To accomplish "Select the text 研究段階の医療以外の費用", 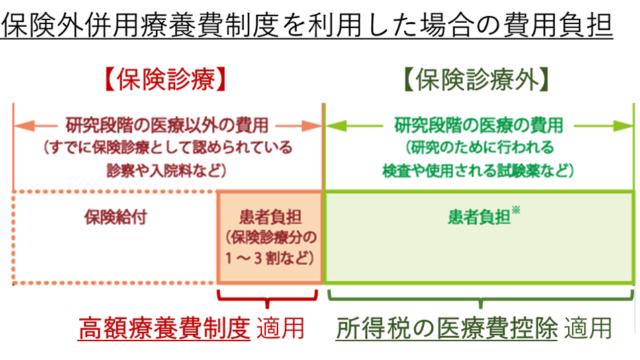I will [168, 126].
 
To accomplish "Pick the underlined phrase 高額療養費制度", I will [165, 327].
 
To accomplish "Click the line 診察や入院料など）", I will [168, 170].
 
